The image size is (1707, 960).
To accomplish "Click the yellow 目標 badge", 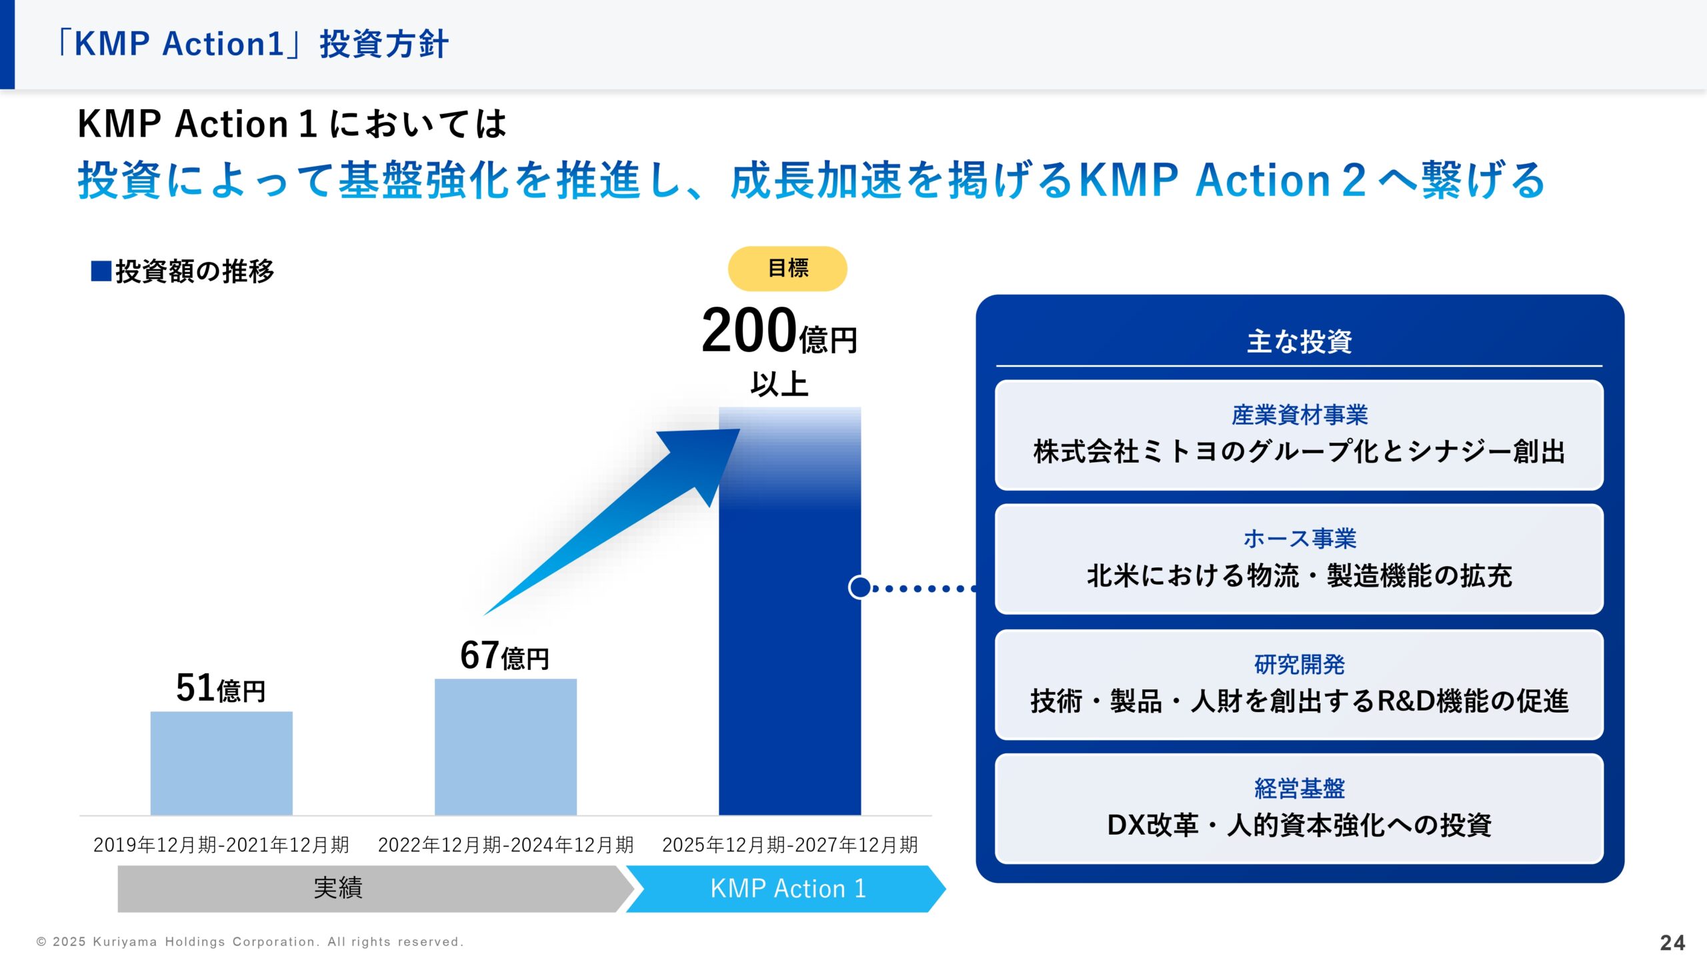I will (787, 269).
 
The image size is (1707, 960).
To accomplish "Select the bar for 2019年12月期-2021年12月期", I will (221, 763).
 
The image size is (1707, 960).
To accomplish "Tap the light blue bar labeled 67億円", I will (505, 747).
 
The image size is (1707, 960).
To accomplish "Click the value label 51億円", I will (221, 688).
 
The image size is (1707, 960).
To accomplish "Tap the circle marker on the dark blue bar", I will (860, 587).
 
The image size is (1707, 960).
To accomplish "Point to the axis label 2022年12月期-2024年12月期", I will (505, 845).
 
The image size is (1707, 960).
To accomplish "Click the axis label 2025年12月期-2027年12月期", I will (789, 845).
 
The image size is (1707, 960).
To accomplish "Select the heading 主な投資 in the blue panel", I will (1299, 341).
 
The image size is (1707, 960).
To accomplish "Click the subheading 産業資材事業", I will (1299, 415).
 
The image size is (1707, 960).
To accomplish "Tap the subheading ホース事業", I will (1299, 539).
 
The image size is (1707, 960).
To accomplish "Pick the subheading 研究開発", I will (1299, 664).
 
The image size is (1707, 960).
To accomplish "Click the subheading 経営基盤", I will (1299, 788).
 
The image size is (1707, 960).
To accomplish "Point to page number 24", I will (1672, 943).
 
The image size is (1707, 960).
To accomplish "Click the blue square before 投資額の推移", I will (101, 271).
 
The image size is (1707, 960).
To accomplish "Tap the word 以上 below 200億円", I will (779, 385).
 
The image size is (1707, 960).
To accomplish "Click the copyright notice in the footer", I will (250, 942).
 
